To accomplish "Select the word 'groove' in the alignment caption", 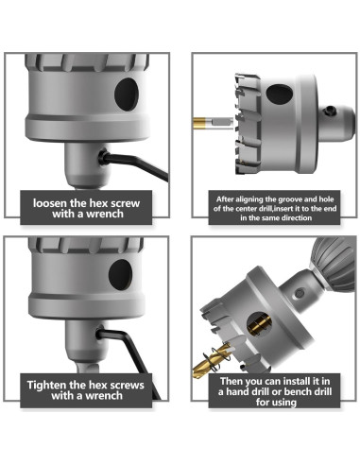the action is pyautogui.click(x=289, y=199).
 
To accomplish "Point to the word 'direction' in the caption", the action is pyautogui.click(x=295, y=217).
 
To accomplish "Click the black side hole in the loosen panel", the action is pyautogui.click(x=127, y=95).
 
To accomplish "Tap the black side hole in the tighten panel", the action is pyautogui.click(x=120, y=275).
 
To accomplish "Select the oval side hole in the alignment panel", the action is pyautogui.click(x=280, y=94).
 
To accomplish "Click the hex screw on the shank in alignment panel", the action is pyautogui.click(x=330, y=111).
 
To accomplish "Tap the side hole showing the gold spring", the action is pyautogui.click(x=259, y=324).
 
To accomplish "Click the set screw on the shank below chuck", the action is pyautogui.click(x=300, y=294).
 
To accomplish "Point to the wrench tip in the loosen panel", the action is pyautogui.click(x=102, y=157).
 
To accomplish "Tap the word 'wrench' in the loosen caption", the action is pyautogui.click(x=105, y=214).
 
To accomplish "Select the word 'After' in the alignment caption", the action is pyautogui.click(x=225, y=199).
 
